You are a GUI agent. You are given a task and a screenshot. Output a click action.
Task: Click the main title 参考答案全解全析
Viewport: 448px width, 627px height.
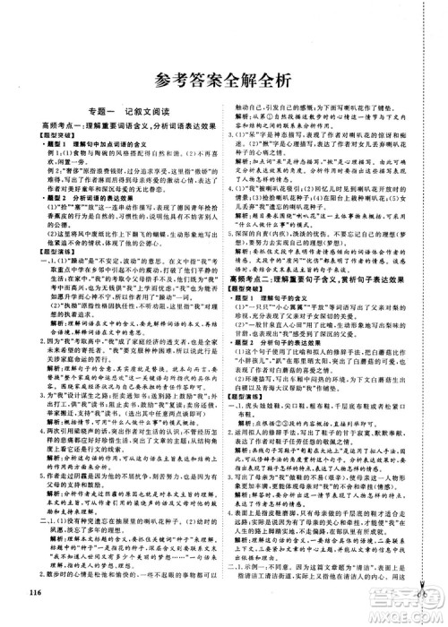(x=223, y=78)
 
